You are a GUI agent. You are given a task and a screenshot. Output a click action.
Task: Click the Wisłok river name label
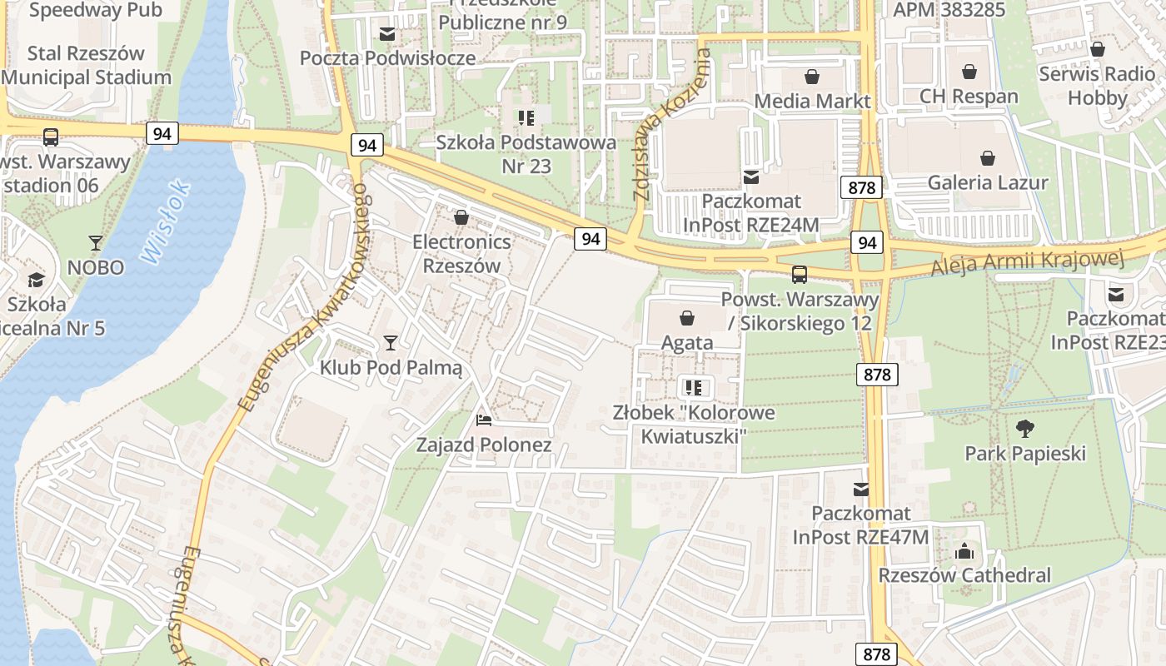pyautogui.click(x=166, y=222)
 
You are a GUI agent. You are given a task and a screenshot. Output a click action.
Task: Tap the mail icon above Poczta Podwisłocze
pyautogui.click(x=387, y=34)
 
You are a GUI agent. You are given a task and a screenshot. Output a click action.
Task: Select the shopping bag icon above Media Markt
pyautogui.click(x=812, y=77)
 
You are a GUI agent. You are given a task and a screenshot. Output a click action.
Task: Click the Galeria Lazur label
pyautogui.click(x=988, y=182)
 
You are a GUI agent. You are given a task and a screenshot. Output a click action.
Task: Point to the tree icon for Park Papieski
pyautogui.click(x=1025, y=430)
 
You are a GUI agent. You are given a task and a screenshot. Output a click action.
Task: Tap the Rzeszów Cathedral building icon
pyautogui.click(x=964, y=551)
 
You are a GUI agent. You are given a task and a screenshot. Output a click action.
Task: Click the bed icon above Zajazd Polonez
pyautogui.click(x=484, y=420)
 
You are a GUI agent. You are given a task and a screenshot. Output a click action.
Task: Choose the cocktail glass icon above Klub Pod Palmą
pyautogui.click(x=390, y=342)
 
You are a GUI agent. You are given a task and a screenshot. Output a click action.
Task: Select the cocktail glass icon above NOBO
pyautogui.click(x=96, y=243)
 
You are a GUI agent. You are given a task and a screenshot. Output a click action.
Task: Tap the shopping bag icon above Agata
pyautogui.click(x=687, y=318)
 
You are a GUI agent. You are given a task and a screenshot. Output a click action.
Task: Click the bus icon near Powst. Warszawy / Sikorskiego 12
pyautogui.click(x=799, y=274)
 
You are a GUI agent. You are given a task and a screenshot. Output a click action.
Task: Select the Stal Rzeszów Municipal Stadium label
pyautogui.click(x=87, y=66)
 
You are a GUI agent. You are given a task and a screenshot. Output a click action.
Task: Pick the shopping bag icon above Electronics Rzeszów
pyautogui.click(x=461, y=217)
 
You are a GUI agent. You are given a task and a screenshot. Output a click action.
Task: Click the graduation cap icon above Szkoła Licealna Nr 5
pyautogui.click(x=36, y=280)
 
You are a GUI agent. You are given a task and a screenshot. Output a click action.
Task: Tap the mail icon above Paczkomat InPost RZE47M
pyautogui.click(x=860, y=490)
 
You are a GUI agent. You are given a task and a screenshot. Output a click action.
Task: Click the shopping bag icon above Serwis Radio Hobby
pyautogui.click(x=1097, y=50)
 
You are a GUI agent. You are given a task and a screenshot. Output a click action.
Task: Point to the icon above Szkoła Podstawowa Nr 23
pyautogui.click(x=526, y=117)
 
